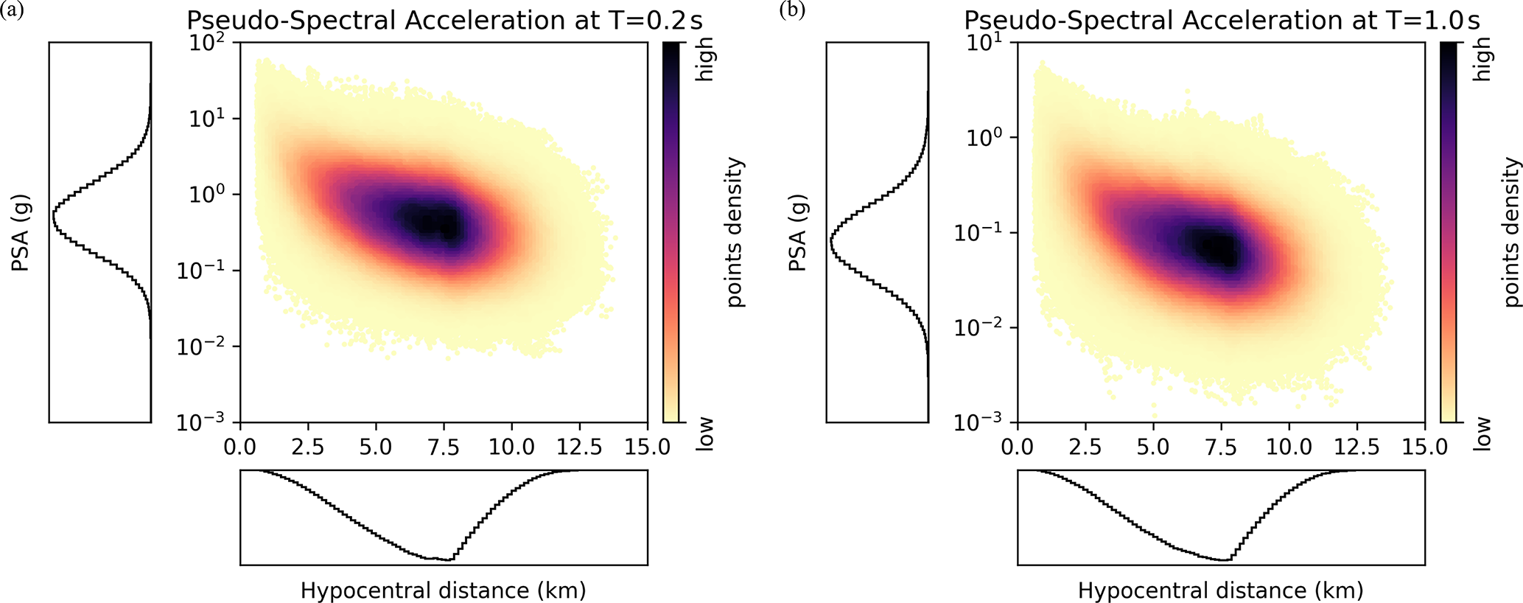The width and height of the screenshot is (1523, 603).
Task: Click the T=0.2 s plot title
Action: click(x=445, y=20)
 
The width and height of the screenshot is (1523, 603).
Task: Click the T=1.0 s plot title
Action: click(x=1222, y=20)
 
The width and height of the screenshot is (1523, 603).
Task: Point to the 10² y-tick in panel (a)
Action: click(x=209, y=42)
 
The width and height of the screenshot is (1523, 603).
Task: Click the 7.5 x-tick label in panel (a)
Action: click(x=444, y=447)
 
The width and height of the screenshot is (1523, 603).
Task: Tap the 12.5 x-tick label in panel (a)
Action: click(x=579, y=447)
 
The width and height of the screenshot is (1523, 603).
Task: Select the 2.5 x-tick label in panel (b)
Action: click(x=1085, y=447)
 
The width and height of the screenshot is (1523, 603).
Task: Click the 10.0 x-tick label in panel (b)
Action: click(x=1289, y=447)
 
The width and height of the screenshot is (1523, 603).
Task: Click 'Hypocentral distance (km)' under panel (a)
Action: click(x=444, y=590)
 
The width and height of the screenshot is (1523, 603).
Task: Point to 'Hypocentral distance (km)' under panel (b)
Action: click(x=1221, y=590)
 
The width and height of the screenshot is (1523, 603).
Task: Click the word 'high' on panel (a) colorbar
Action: click(x=705, y=60)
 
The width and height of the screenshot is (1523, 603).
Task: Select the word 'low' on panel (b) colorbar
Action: click(x=1482, y=433)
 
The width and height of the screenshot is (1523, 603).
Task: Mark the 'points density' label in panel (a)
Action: click(x=735, y=232)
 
